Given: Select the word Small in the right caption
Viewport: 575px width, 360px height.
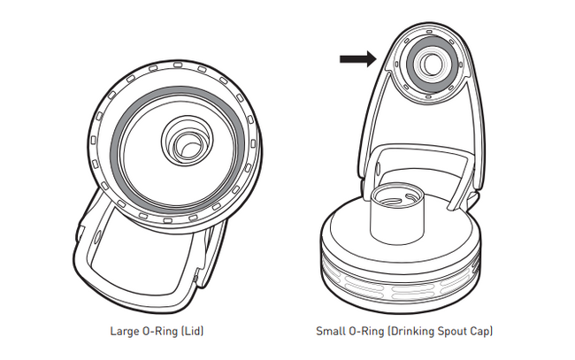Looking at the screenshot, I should click(x=330, y=332).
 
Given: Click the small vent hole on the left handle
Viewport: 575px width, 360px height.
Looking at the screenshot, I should click(x=95, y=240).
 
